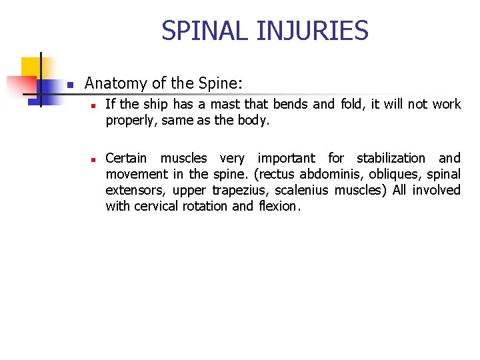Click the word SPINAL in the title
195,31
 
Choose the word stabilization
391,158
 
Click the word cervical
158,206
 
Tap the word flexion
279,206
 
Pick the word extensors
134,190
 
